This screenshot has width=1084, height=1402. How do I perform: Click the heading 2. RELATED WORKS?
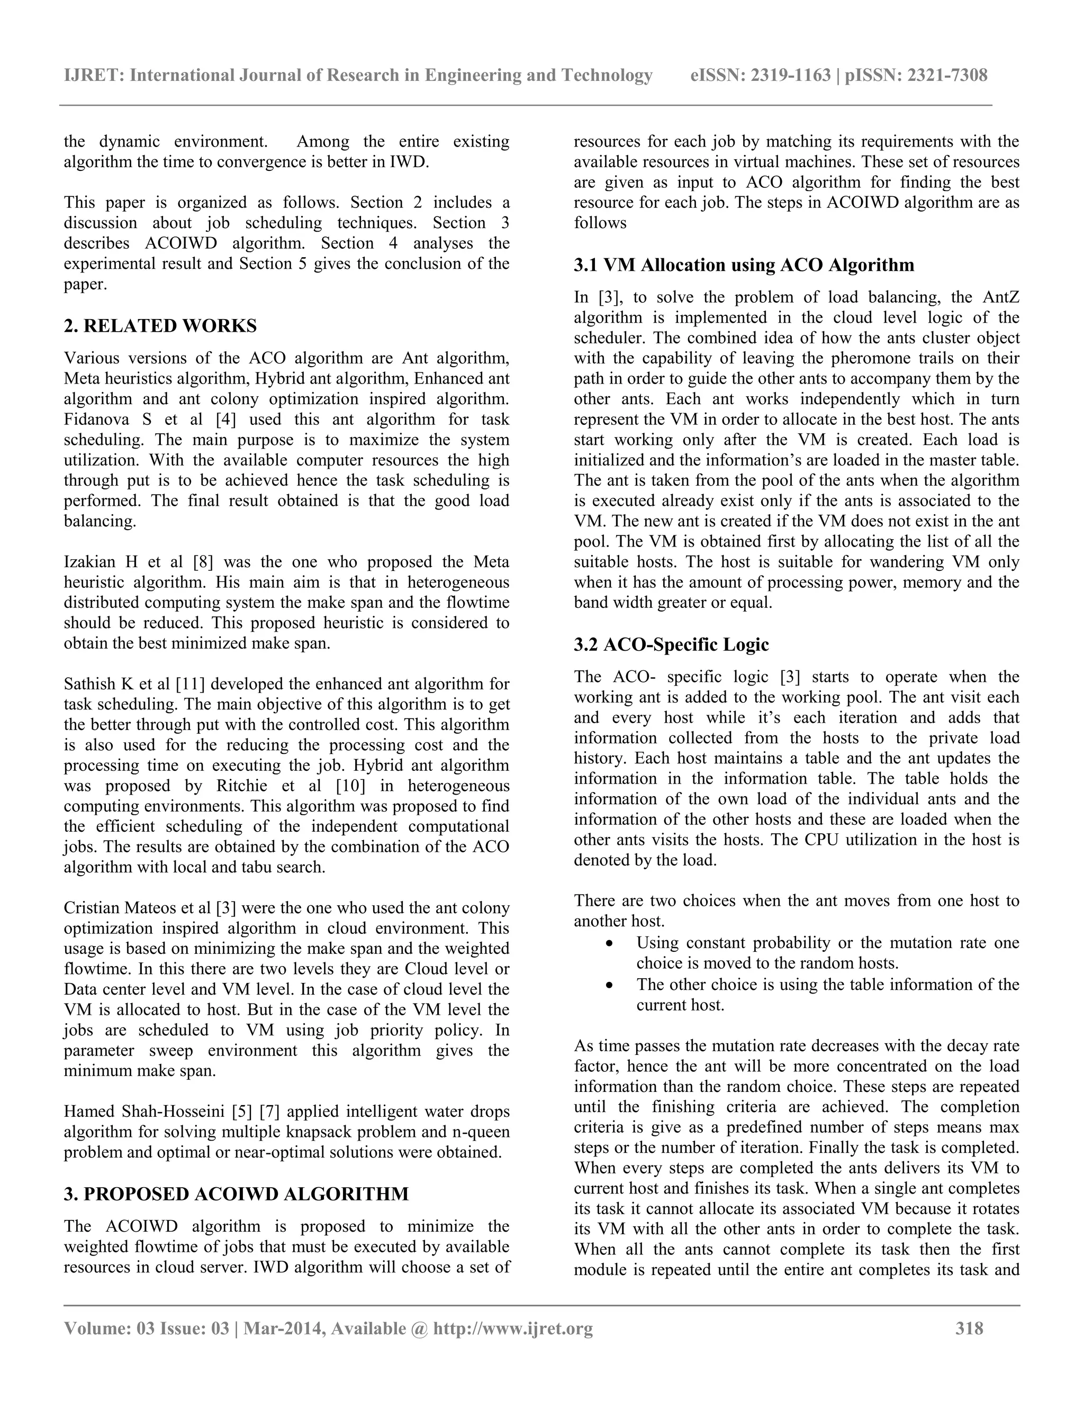(x=160, y=326)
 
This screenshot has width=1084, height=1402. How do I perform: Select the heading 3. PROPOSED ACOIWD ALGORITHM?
(x=236, y=1194)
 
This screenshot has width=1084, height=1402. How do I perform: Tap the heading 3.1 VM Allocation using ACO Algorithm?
(x=744, y=265)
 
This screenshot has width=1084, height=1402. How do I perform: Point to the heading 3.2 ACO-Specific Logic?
(x=671, y=644)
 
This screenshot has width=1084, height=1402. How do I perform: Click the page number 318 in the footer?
(x=969, y=1328)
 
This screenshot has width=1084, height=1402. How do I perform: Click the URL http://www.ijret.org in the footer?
(x=512, y=1328)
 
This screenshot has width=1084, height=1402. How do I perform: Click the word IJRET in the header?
(x=94, y=76)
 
